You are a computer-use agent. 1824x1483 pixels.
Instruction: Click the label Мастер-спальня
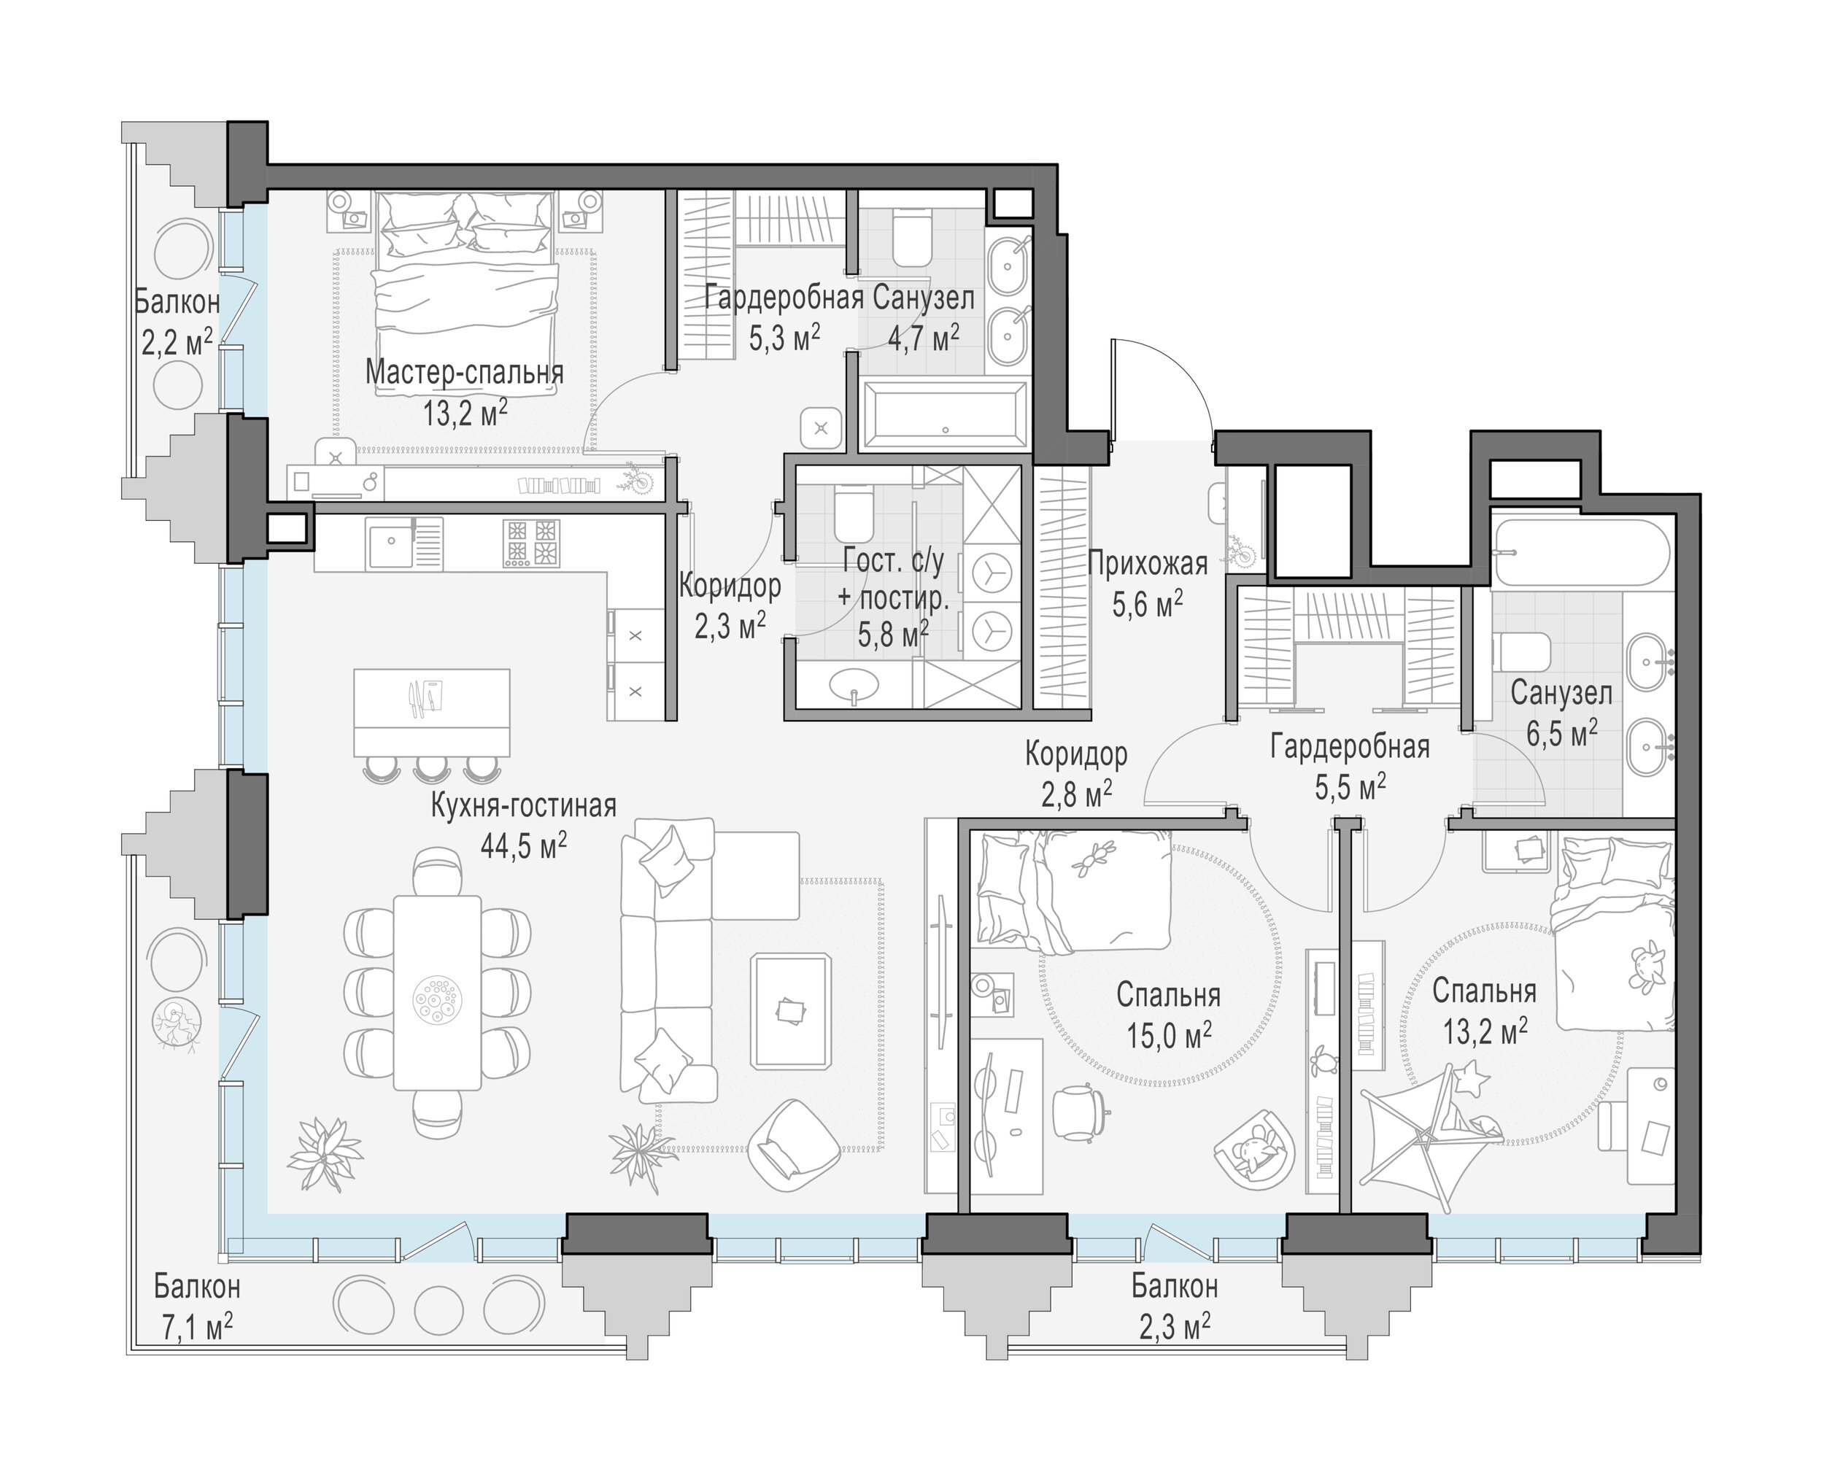click(464, 373)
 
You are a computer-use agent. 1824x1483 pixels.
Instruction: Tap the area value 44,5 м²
click(523, 845)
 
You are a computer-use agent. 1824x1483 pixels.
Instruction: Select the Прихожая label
click(1148, 564)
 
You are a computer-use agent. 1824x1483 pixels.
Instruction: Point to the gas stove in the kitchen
click(530, 543)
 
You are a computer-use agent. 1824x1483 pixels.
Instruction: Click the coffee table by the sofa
click(790, 1010)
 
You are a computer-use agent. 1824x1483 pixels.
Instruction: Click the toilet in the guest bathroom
click(851, 514)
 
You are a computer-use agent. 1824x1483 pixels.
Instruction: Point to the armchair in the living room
click(795, 1144)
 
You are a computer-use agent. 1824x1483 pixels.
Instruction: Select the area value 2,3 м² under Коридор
click(730, 626)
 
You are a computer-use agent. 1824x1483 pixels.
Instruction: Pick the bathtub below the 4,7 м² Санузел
click(944, 415)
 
